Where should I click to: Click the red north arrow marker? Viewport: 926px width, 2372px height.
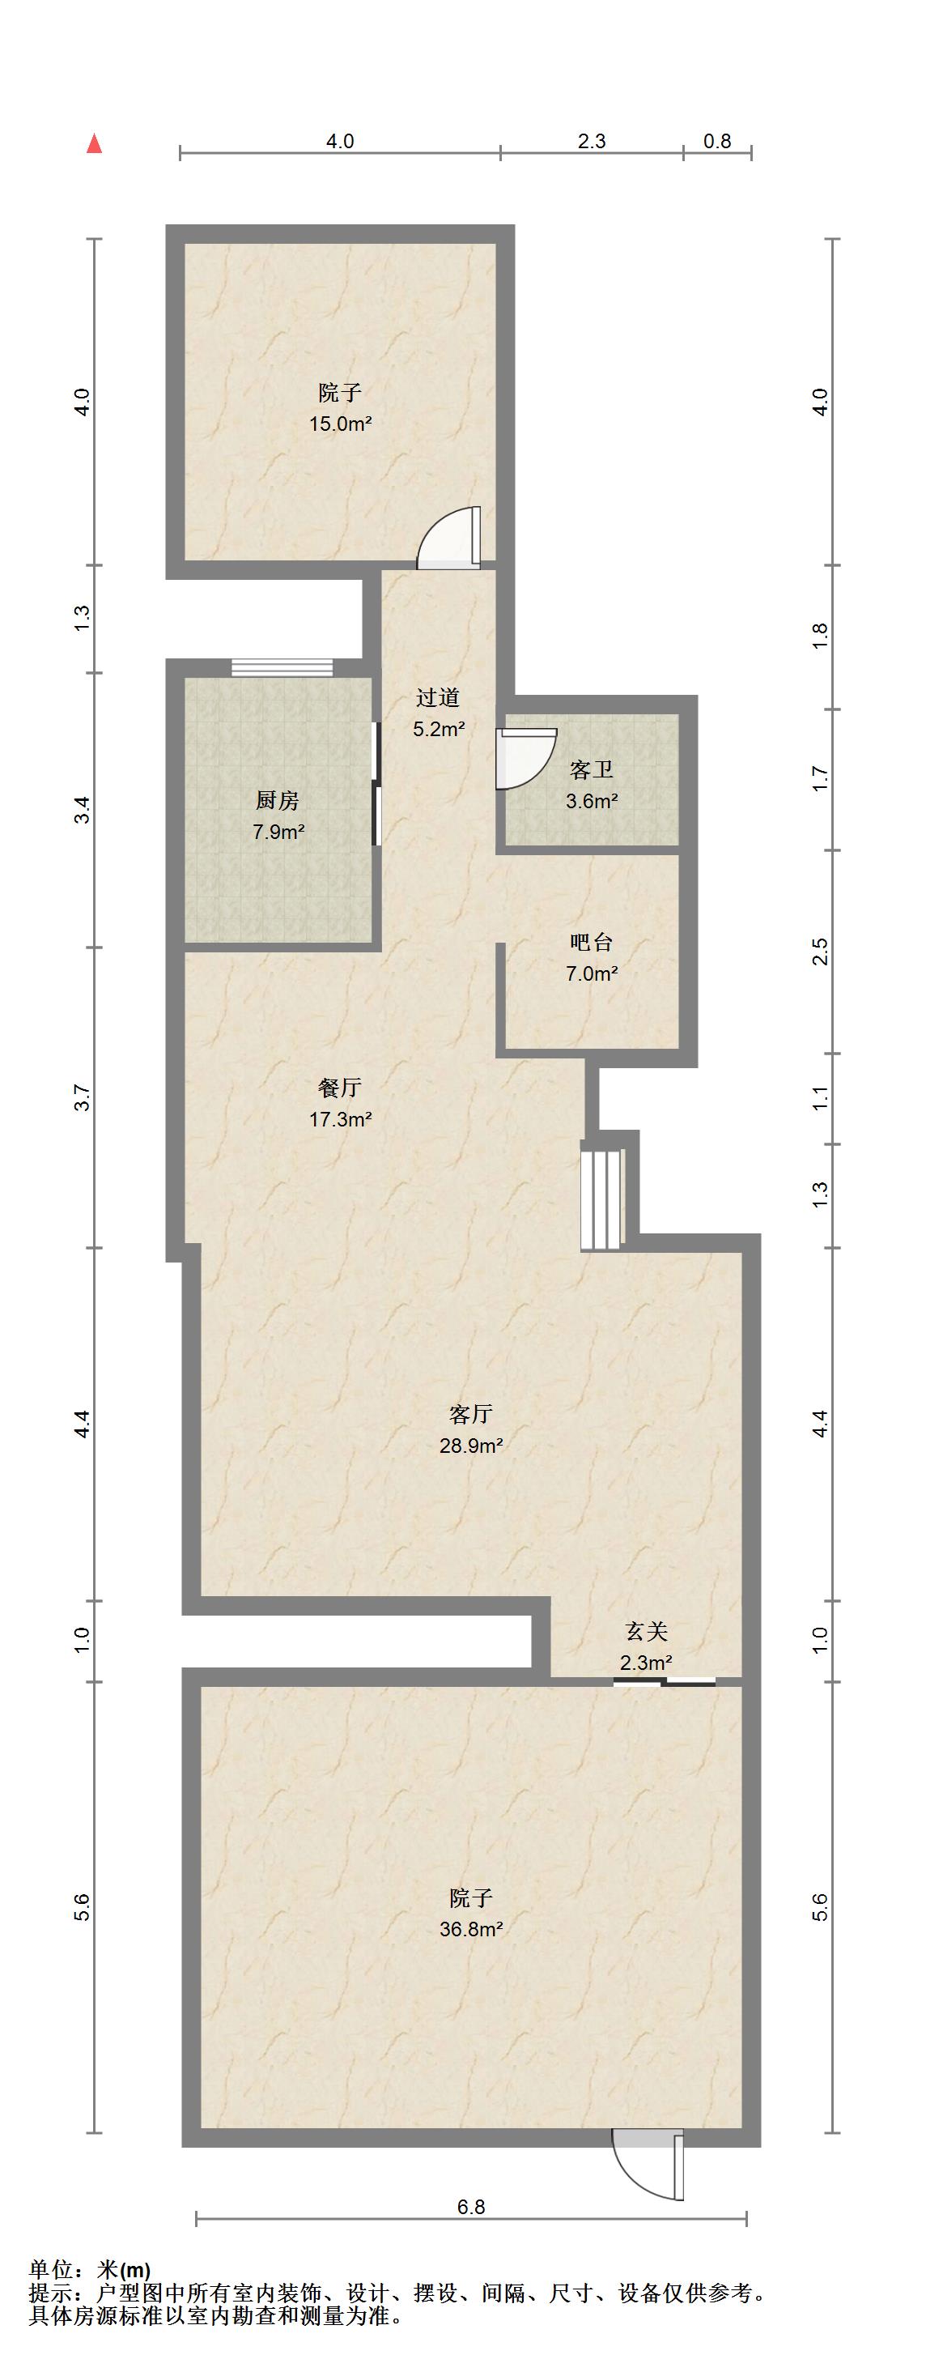(94, 143)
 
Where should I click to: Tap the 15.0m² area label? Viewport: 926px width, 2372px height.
(341, 424)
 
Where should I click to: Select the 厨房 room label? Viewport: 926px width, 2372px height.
(277, 800)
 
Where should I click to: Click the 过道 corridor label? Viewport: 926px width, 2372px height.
(437, 698)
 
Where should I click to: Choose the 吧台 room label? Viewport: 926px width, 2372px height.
(591, 942)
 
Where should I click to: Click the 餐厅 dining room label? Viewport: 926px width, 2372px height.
(340, 1088)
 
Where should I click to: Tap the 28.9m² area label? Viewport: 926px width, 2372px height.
(470, 1445)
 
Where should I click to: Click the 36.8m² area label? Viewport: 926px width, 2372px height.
(470, 1928)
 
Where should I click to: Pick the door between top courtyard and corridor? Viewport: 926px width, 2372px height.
(448, 538)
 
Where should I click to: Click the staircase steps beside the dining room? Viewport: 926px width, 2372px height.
(602, 1195)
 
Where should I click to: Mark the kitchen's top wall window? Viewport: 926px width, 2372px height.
(282, 667)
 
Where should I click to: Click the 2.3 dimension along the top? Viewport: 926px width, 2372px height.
(592, 141)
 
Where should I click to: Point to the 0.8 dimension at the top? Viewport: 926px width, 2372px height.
(717, 141)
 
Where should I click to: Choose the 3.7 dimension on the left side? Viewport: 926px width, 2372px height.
(83, 1097)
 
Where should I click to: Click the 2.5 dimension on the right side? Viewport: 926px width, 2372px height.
(821, 952)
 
